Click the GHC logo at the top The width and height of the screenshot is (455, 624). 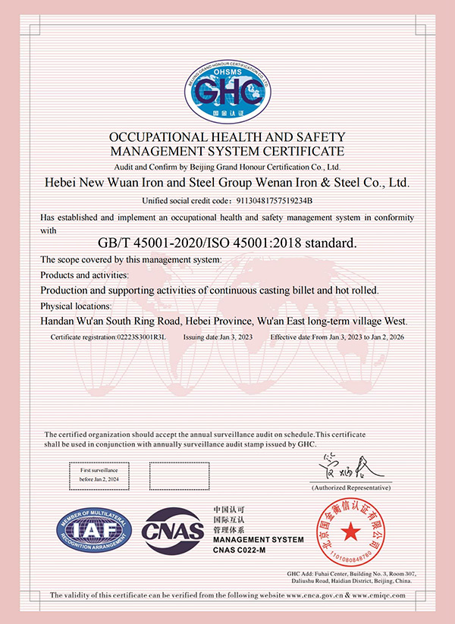pos(227,92)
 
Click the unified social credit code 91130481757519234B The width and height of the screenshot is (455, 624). pos(264,201)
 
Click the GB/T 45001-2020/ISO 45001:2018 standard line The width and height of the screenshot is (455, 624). pos(227,243)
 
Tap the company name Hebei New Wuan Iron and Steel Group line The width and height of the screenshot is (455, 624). pos(227,183)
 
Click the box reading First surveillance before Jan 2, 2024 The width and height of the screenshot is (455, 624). pos(96,475)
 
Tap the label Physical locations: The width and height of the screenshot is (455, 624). pos(75,306)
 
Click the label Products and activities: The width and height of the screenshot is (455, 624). pos(84,274)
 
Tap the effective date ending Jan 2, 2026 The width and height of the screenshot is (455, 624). pos(386,336)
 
